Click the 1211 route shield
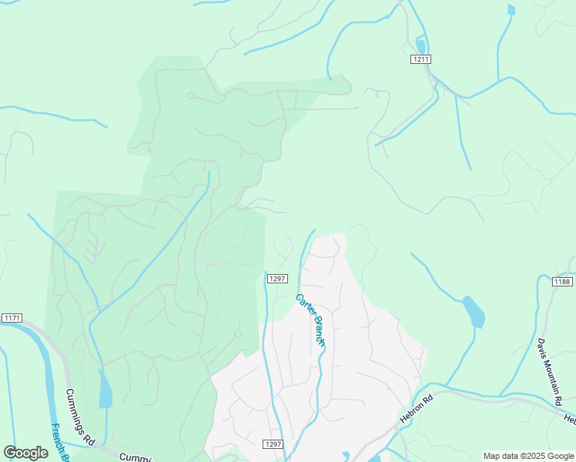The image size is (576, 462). tap(420, 59)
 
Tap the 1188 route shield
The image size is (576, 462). tap(562, 282)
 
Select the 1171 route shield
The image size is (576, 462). tap(12, 318)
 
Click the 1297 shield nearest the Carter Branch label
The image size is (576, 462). tap(277, 279)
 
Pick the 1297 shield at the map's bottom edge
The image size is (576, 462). tap(273, 444)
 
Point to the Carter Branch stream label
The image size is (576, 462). tap(311, 319)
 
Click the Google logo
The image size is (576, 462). tap(25, 453)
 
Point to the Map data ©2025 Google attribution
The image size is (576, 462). tap(527, 456)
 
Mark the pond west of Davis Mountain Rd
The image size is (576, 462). tap(474, 310)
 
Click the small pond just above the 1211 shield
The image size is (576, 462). tap(420, 45)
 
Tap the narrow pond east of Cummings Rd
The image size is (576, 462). tap(105, 390)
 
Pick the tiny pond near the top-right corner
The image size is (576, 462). tap(511, 9)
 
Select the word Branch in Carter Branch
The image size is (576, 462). tap(317, 331)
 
